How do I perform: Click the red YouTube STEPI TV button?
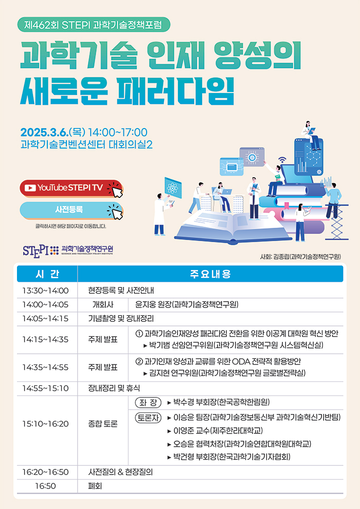click(71, 188)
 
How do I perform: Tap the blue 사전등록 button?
click(71, 210)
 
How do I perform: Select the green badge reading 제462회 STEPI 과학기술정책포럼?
click(94, 25)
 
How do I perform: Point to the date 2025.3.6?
click(44, 132)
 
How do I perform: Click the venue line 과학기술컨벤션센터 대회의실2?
click(86, 144)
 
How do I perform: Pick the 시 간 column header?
click(47, 274)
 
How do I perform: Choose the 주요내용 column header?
click(210, 274)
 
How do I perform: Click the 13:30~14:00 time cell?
click(45, 290)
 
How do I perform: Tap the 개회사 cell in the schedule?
click(103, 304)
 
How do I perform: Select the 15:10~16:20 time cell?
click(45, 424)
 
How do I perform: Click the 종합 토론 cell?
click(103, 424)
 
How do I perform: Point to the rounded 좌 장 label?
click(148, 403)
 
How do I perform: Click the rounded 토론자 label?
click(148, 417)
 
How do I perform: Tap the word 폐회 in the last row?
click(95, 486)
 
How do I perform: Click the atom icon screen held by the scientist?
click(173, 188)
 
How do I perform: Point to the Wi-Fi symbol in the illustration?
click(282, 160)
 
